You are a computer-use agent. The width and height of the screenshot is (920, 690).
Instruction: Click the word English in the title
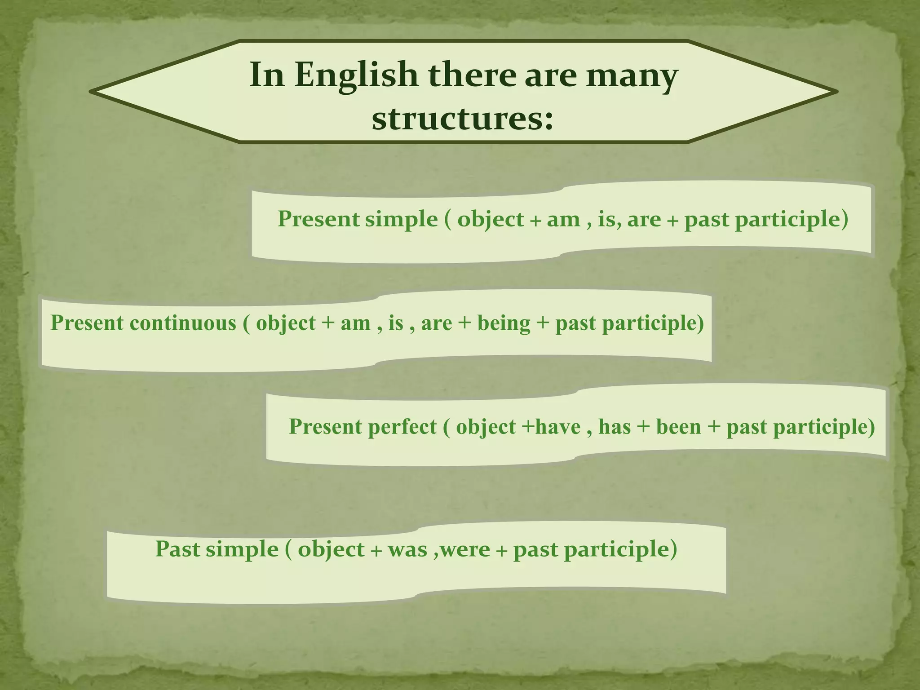click(356, 75)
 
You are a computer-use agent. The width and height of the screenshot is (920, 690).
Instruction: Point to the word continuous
click(183, 323)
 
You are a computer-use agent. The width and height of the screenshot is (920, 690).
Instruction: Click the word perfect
click(402, 427)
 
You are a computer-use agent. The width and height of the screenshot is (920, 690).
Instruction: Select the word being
click(504, 323)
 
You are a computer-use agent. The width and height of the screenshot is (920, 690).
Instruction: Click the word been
click(678, 427)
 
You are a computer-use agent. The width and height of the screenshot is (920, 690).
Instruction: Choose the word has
click(615, 427)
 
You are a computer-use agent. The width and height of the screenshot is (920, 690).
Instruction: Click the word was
click(407, 549)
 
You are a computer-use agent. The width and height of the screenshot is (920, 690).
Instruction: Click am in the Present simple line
click(563, 220)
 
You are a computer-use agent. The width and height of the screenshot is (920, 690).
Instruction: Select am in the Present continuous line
click(355, 323)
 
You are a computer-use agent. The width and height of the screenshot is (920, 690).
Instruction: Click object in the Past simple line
click(331, 549)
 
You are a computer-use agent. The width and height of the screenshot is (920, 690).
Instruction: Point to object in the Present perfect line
click(486, 427)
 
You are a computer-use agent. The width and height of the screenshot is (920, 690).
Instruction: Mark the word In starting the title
click(267, 75)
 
